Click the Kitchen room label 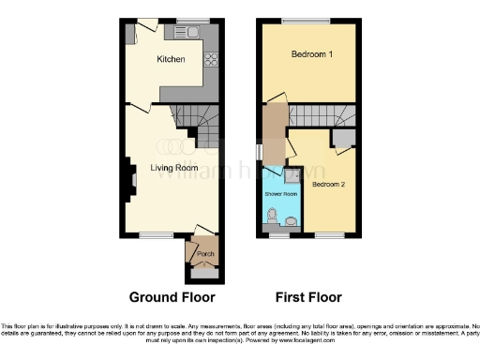click(x=171, y=60)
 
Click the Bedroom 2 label click(x=329, y=185)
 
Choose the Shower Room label click(x=279, y=194)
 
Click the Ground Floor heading click(x=172, y=297)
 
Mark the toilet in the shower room click(x=272, y=218)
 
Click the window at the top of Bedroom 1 click(x=307, y=21)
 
